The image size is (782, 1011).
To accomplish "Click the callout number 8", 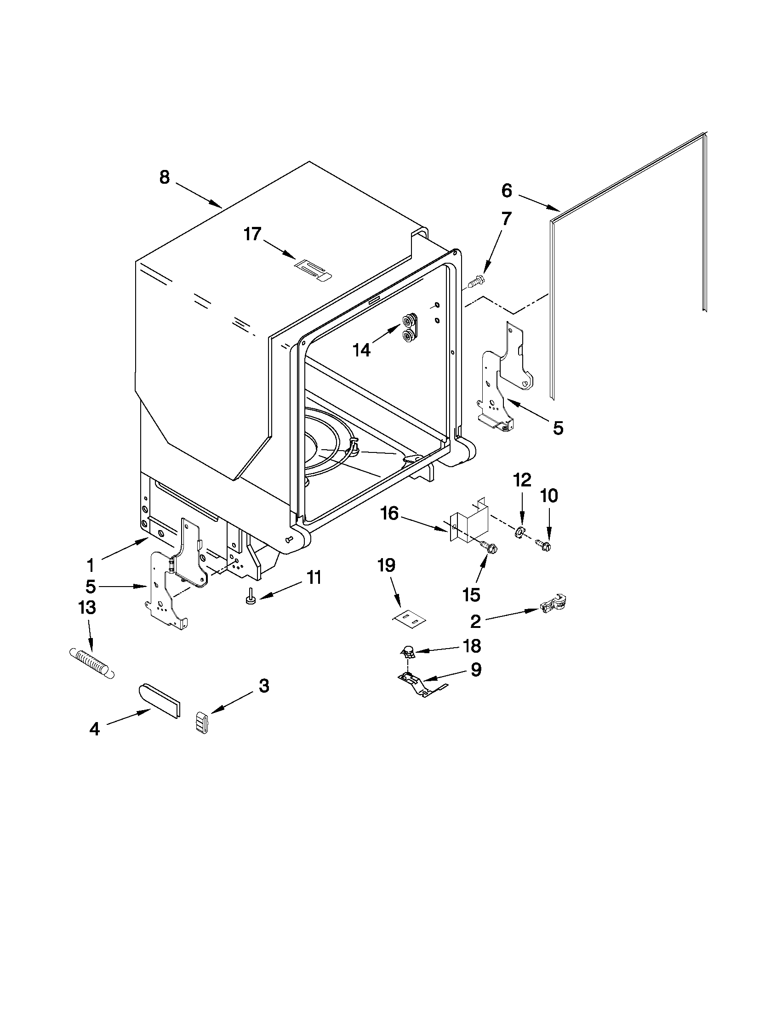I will (x=165, y=177).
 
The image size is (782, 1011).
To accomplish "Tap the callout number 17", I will (x=253, y=234).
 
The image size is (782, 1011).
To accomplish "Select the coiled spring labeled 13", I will (x=92, y=663).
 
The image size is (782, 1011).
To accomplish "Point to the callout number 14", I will (x=361, y=350).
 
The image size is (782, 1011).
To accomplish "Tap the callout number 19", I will (x=387, y=565).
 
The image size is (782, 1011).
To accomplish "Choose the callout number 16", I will (x=389, y=513).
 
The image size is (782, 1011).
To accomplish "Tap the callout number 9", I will (x=476, y=669).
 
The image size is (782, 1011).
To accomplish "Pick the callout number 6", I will (x=506, y=190).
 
